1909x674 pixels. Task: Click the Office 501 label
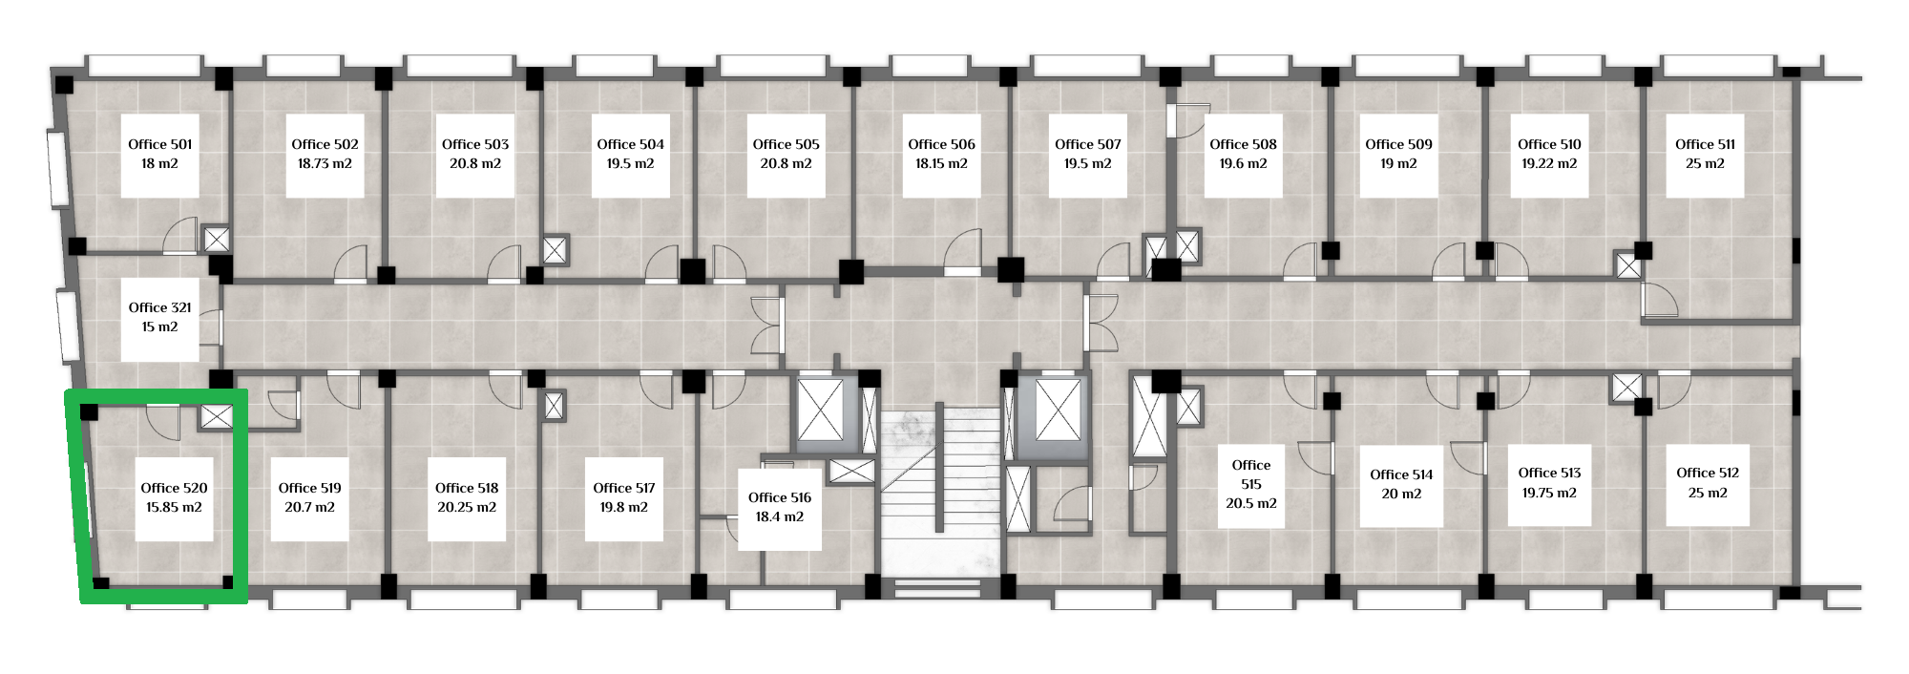coord(160,144)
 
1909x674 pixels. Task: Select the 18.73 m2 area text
coord(325,163)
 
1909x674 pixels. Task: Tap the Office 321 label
coord(160,307)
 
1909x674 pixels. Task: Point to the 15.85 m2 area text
coord(174,507)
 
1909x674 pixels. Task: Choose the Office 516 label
coord(780,497)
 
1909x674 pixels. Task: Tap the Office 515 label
coord(1251,474)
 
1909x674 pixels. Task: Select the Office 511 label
coord(1706,144)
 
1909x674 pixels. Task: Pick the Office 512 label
coord(1708,473)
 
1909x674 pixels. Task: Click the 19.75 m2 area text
coord(1549,493)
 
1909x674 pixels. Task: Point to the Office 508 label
coord(1243,144)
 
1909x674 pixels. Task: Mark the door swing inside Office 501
coord(179,237)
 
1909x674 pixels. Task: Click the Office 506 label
coord(942,144)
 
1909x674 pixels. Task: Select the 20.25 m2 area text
coord(467,507)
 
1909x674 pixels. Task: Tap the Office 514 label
coord(1401,474)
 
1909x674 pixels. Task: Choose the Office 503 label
coord(475,144)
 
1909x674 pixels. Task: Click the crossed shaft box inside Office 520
coord(217,417)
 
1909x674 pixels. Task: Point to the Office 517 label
coord(624,488)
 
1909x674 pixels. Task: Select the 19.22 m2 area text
coord(1549,163)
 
